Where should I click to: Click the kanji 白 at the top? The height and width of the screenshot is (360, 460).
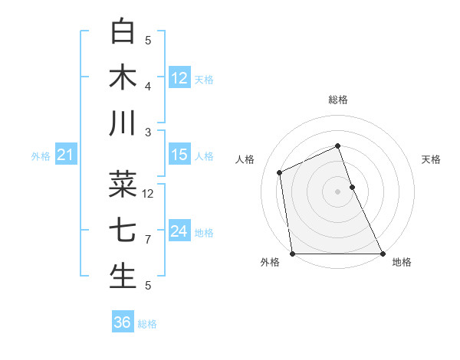(123, 32)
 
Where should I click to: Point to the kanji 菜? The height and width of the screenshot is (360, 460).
(123, 184)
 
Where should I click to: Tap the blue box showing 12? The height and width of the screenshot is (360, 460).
(179, 78)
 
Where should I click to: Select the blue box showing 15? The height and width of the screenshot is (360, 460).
(179, 155)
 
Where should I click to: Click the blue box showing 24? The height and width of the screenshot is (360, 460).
(179, 231)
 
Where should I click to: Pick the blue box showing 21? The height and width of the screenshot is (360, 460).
(66, 155)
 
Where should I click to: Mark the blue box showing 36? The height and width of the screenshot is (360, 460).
(123, 322)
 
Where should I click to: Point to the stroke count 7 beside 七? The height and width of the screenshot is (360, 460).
(148, 240)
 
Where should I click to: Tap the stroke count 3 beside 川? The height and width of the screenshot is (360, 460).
(148, 133)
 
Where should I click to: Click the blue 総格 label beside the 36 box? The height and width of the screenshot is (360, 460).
(147, 324)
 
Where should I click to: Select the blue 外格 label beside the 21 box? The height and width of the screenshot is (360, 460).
(41, 156)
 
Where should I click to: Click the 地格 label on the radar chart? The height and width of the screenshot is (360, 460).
(402, 262)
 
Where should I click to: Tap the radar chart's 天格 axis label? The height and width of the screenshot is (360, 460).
(432, 159)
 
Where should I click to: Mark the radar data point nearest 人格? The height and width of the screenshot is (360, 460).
(280, 172)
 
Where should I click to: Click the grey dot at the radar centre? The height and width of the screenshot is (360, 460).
(337, 191)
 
